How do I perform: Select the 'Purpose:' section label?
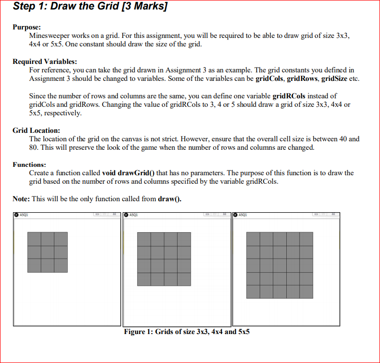pyautogui.click(x=27, y=27)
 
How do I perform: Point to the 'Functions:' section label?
pyautogui.click(x=29, y=164)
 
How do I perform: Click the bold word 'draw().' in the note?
pyautogui.click(x=170, y=199)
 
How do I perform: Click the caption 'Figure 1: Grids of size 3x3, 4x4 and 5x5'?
pyautogui.click(x=187, y=332)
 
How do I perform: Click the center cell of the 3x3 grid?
pyautogui.click(x=47, y=252)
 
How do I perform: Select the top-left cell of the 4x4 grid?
pyautogui.click(x=144, y=239)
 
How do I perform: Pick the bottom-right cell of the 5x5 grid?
pyautogui.click(x=306, y=292)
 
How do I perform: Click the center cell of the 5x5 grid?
pyautogui.click(x=280, y=265)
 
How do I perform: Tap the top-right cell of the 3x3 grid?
pyautogui.click(x=61, y=239)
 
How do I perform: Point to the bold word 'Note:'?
pyautogui.click(x=21, y=199)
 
